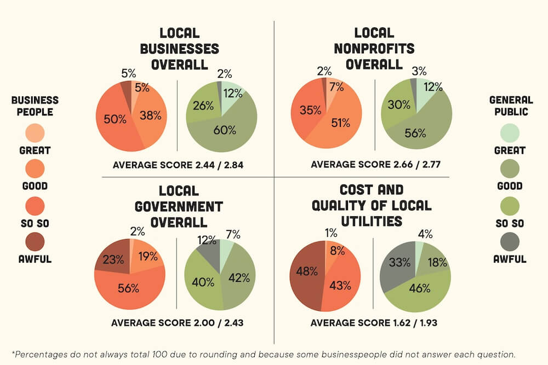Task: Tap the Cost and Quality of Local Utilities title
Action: pyautogui.click(x=372, y=205)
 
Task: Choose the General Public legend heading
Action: pyautogui.click(x=511, y=106)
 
